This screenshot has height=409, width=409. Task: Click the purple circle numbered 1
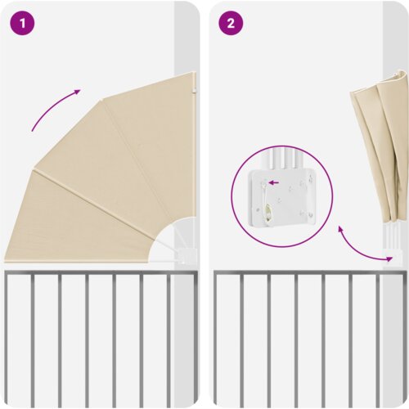click(22, 23)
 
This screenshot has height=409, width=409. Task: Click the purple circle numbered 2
click(231, 23)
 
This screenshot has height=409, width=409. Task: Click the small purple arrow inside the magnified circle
click(274, 182)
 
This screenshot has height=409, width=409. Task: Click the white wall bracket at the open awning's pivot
click(187, 256)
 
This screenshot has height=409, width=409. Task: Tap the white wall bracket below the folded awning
click(393, 257)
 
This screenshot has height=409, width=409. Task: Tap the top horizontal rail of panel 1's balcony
click(101, 272)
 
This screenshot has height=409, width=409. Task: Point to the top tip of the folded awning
click(402, 71)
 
